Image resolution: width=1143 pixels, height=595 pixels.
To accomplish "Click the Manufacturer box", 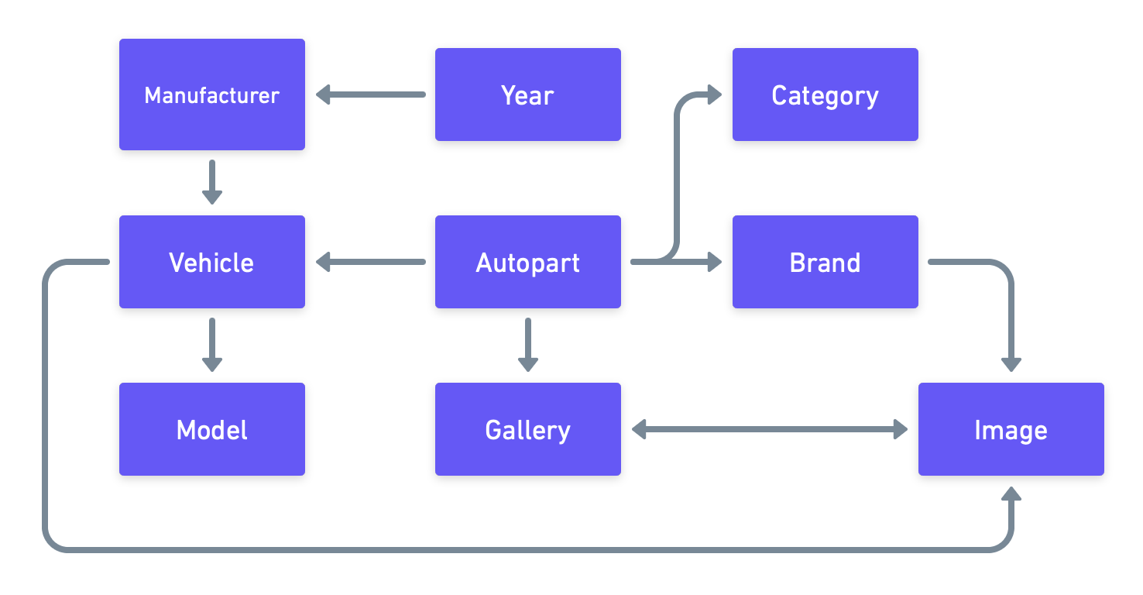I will coord(211,95).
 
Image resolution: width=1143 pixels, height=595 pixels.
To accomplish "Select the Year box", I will coord(527,95).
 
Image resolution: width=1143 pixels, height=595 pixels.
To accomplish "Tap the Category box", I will coord(825,95).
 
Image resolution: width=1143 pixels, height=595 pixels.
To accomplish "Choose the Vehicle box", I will coord(211,262).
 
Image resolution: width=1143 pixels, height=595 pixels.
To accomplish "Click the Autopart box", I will coord(527,262).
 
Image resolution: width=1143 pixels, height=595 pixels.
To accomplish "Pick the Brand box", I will coord(825,262).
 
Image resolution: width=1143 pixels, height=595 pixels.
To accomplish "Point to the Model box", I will coord(211,429).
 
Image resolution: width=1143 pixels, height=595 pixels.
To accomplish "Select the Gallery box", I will coord(527,429).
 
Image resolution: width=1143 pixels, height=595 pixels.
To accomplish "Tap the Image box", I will coord(1011,429).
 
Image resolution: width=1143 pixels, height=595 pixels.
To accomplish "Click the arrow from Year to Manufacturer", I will coord(370,95).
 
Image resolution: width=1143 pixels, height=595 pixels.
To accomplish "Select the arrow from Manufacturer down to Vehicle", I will coord(211,182).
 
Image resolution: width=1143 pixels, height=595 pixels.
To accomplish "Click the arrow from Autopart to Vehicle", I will coord(370,262).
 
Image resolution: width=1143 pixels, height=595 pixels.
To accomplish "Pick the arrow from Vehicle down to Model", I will coord(211,345).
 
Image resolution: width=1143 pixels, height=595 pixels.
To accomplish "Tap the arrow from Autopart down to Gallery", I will coord(527,345).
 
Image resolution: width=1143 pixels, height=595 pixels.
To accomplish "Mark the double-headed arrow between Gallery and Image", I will coord(769,429).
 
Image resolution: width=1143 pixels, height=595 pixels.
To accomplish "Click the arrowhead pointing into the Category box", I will coord(713,95).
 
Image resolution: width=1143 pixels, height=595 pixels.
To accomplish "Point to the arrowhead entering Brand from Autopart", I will coord(713,262).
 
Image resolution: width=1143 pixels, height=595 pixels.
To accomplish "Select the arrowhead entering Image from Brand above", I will coord(1011,363).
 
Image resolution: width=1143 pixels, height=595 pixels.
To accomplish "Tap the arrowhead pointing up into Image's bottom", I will coord(1011,494).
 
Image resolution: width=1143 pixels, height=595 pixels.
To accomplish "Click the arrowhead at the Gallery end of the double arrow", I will coord(640,429).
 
